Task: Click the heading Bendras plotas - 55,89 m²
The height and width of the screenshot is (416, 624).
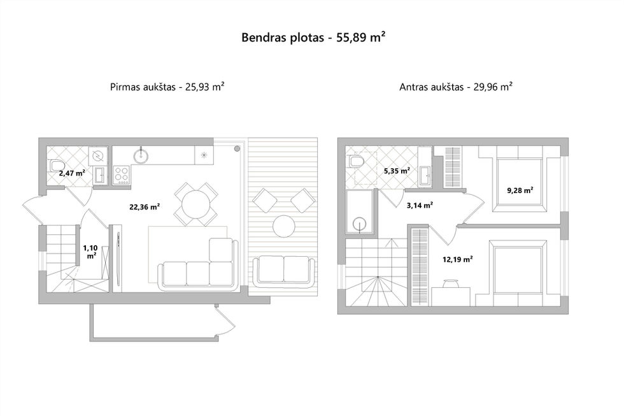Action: point(313,38)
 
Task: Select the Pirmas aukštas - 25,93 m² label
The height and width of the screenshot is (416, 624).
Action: point(167,87)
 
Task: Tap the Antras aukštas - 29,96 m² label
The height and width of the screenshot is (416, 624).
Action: point(456,87)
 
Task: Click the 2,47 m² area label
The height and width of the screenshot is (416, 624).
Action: point(72,173)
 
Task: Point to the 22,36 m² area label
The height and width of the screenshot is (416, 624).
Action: point(145,206)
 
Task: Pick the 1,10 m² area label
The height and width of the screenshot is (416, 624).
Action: point(90,252)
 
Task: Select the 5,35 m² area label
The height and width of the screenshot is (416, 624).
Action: point(397,171)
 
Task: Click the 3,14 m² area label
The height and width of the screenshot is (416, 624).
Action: point(420,205)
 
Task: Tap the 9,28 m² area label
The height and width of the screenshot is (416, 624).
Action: point(520,190)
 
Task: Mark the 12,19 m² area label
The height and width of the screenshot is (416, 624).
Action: point(458,259)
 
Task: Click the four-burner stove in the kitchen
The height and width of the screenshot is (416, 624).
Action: point(122,175)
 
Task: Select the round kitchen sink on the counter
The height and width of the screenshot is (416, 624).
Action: point(140,156)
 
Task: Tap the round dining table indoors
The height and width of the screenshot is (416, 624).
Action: point(196,204)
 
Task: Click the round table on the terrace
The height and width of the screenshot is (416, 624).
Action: point(284,226)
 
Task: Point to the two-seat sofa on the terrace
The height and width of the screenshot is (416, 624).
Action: point(284,271)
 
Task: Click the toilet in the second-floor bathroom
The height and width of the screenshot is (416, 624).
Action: point(355,162)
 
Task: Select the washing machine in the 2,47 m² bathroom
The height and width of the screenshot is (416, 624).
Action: point(98,156)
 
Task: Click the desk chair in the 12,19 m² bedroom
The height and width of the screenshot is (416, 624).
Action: point(450,283)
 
